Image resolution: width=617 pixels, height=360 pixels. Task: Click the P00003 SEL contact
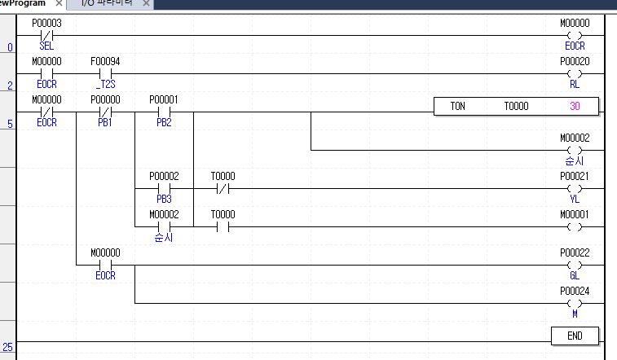(46, 36)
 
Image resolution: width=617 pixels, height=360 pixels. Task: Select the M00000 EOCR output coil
(575, 36)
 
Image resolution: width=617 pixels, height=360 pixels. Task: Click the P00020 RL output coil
(575, 73)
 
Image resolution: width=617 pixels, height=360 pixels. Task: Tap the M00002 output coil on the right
(575, 150)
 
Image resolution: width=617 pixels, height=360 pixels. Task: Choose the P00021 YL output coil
(575, 188)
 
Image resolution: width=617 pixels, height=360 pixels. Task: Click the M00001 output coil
(575, 226)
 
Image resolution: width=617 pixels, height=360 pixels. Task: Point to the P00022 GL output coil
(575, 265)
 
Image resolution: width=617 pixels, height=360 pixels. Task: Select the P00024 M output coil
(575, 303)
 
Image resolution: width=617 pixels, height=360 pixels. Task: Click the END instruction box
(575, 336)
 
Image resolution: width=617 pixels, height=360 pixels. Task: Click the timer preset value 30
(575, 106)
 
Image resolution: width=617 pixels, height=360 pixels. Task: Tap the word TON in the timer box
(458, 106)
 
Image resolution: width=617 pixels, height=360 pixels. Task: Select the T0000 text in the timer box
(516, 106)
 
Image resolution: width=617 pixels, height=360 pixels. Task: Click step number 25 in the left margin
(8, 347)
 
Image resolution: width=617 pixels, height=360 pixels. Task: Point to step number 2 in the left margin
(10, 86)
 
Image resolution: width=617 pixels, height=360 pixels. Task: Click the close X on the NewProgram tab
(59, 4)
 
